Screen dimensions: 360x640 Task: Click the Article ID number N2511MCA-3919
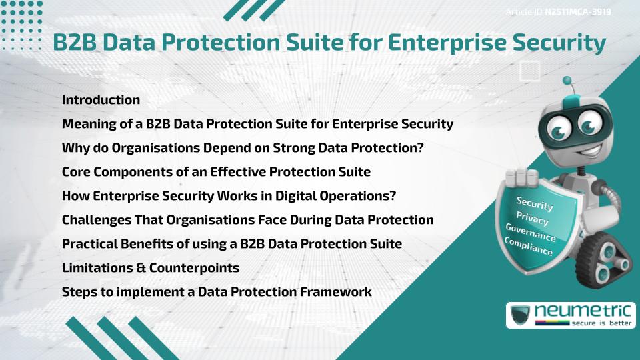click(577, 11)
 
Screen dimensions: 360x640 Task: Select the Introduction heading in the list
click(101, 100)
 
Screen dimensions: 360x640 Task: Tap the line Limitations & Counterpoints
click(150, 268)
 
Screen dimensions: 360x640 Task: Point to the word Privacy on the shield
click(532, 219)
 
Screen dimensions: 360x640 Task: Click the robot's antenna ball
click(567, 81)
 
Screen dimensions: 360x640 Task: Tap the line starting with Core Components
click(216, 172)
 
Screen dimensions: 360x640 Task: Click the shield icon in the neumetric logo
click(520, 315)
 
